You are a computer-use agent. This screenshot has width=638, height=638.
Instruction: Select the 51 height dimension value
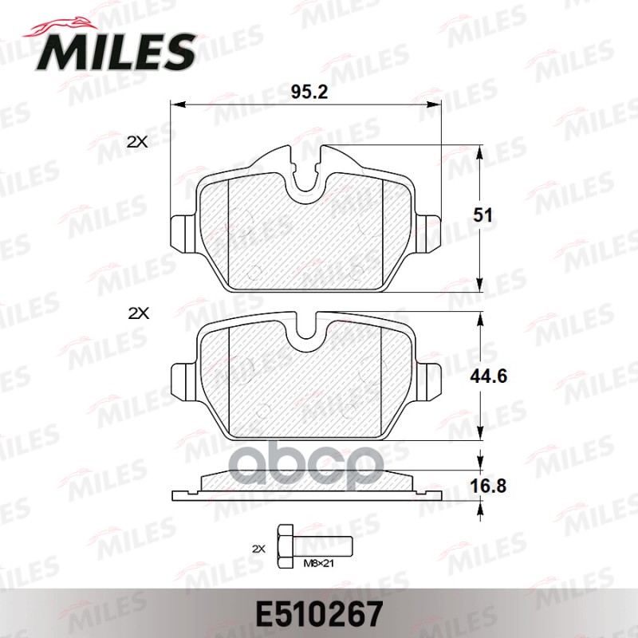pyautogui.click(x=483, y=215)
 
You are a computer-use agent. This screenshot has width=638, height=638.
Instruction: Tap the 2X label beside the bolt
pyautogui.click(x=258, y=549)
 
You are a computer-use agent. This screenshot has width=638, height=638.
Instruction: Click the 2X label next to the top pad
pyautogui.click(x=138, y=142)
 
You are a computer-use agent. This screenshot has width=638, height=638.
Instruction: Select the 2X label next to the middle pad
pyautogui.click(x=138, y=313)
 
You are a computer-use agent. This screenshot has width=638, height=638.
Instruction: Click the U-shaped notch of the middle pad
pyautogui.click(x=306, y=335)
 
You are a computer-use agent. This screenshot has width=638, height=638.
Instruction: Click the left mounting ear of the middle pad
pyautogui.click(x=183, y=377)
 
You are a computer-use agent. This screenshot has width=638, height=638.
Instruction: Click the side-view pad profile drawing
pyautogui.click(x=306, y=484)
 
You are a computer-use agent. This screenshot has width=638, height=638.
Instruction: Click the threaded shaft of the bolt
pyautogui.click(x=322, y=549)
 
